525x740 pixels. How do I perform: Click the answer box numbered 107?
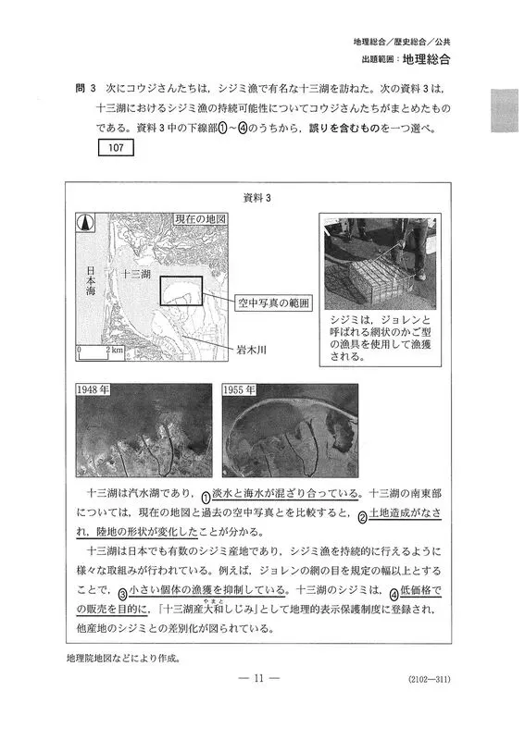(x=116, y=148)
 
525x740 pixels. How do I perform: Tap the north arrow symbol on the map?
(x=86, y=223)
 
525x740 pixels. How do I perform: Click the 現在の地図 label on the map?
(x=200, y=219)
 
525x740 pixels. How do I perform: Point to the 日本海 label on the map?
(x=91, y=281)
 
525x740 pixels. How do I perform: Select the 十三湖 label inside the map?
(x=136, y=274)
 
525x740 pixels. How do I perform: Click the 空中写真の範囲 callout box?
(x=273, y=303)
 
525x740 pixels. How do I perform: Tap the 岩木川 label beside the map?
(x=252, y=350)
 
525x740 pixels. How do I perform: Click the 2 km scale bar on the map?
(x=101, y=353)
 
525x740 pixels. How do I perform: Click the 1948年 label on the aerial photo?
(x=94, y=389)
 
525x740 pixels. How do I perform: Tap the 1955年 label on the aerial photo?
(x=240, y=389)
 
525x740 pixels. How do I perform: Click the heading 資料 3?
(x=257, y=198)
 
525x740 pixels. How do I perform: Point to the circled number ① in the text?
(x=206, y=498)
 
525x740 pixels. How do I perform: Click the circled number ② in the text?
(x=362, y=517)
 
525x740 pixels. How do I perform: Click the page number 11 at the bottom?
(x=258, y=678)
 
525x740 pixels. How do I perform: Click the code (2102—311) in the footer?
(x=429, y=679)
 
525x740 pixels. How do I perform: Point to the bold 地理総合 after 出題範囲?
(x=426, y=59)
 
